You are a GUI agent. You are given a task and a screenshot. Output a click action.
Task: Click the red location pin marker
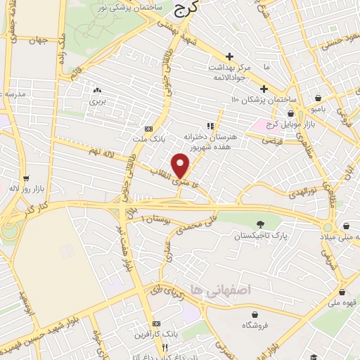pyautogui.click(x=181, y=164)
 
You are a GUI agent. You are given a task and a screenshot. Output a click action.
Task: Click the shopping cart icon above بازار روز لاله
pyautogui.click(x=26, y=179)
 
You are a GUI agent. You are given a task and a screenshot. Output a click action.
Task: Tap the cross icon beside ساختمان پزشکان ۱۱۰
pyautogui.click(x=264, y=89)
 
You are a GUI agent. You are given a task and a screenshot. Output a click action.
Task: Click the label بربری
pyautogui.click(x=96, y=101)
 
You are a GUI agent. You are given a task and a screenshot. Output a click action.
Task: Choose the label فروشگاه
pyautogui.click(x=257, y=326)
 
